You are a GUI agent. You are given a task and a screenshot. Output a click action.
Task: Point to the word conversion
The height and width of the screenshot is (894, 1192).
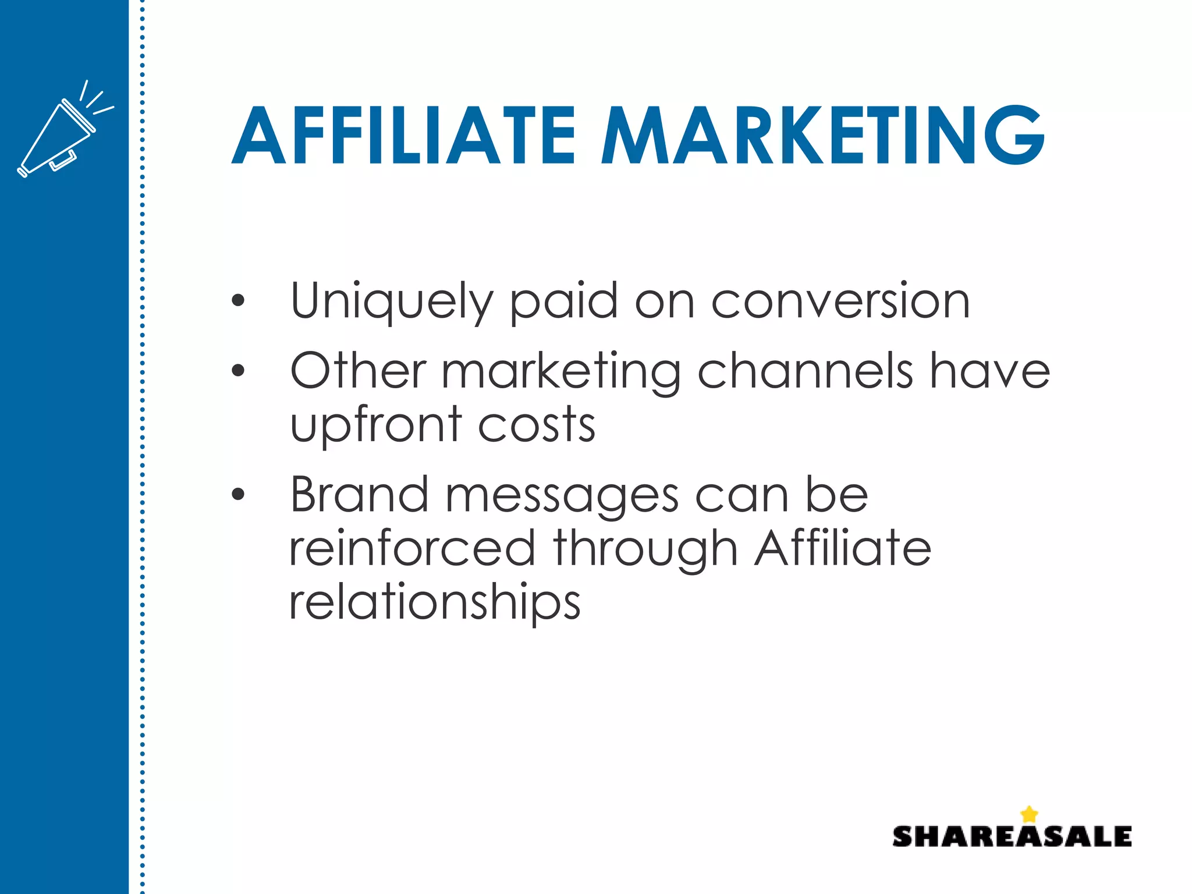pyautogui.click(x=840, y=301)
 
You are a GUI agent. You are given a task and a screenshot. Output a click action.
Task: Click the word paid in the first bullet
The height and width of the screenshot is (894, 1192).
pyautogui.click(x=563, y=301)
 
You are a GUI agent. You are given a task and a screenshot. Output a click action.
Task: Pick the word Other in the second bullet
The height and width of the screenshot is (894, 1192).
pyautogui.click(x=358, y=371)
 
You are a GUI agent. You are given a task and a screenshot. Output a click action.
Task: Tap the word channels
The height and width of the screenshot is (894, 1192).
pyautogui.click(x=805, y=371)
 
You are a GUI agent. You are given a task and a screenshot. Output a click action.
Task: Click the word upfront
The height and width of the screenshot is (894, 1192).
pyautogui.click(x=376, y=425)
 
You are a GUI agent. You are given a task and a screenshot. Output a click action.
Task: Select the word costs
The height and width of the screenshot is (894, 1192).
pyautogui.click(x=537, y=424)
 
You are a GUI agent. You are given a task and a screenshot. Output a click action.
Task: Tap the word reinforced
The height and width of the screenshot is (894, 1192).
pyautogui.click(x=412, y=548)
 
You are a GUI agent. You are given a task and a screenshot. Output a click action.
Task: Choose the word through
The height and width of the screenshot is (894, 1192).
pyautogui.click(x=646, y=549)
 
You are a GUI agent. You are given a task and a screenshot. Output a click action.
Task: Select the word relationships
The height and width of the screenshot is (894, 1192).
pyautogui.click(x=435, y=603)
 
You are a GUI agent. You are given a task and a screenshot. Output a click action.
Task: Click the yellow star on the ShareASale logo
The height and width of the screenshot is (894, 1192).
pyautogui.click(x=1029, y=814)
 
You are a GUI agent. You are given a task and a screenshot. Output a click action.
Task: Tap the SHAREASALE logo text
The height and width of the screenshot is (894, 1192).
pyautogui.click(x=1012, y=836)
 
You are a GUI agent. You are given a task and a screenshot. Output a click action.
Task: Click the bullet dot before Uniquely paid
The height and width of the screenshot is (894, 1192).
pyautogui.click(x=237, y=301)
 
